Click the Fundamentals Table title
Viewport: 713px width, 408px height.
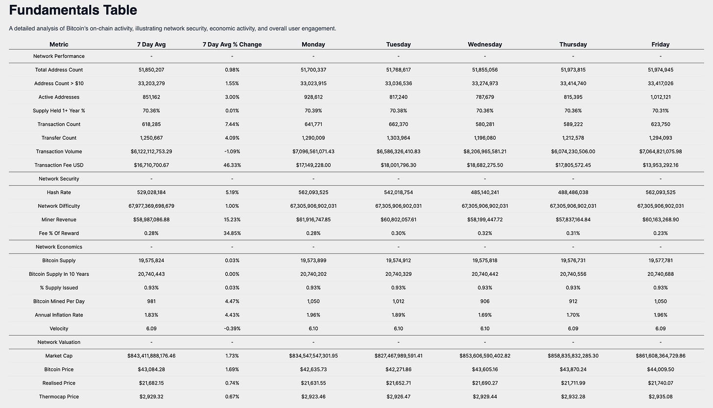click(73, 10)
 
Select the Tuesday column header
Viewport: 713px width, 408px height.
click(398, 45)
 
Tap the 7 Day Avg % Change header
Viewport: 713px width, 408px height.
click(232, 45)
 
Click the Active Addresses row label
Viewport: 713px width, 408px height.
click(59, 97)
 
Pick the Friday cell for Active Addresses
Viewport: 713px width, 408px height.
click(660, 97)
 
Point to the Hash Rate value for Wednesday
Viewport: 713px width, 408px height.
click(485, 192)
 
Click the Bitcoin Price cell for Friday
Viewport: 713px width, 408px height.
click(660, 369)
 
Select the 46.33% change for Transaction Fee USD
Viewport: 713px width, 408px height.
click(232, 165)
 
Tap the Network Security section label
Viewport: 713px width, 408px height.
click(59, 179)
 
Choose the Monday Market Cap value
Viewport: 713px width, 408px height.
click(313, 356)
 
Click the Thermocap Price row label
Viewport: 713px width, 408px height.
click(59, 397)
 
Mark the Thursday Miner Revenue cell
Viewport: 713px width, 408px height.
click(573, 219)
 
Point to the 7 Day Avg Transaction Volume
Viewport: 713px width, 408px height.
click(151, 151)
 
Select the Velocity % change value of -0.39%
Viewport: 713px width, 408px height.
click(232, 329)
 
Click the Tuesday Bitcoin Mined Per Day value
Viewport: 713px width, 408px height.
click(398, 301)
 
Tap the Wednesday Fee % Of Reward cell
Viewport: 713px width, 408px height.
click(485, 233)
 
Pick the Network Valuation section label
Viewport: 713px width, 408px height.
click(59, 342)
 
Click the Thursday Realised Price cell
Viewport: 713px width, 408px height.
click(573, 383)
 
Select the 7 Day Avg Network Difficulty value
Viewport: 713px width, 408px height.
click(151, 206)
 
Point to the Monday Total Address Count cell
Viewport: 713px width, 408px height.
click(313, 70)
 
